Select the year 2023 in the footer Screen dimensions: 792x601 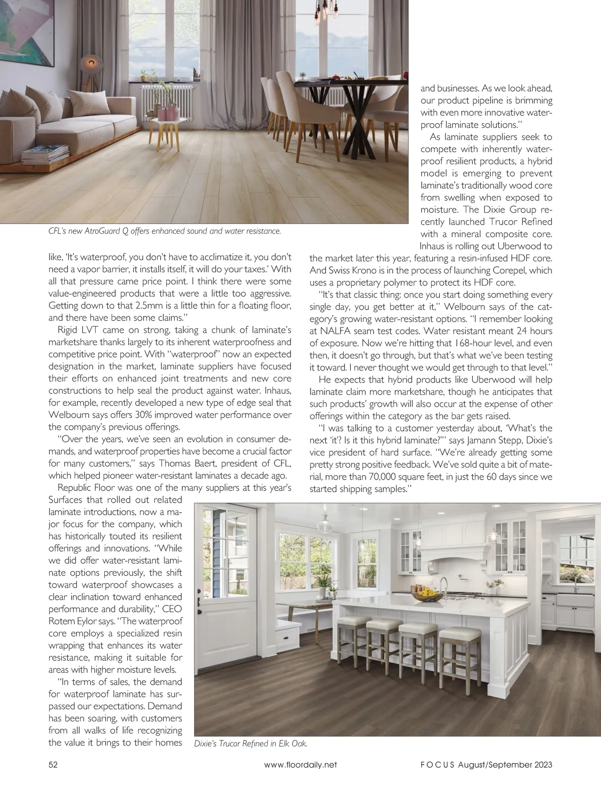click(540, 764)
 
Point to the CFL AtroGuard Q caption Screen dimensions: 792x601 click(164, 231)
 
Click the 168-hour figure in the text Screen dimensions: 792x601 click(472, 343)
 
